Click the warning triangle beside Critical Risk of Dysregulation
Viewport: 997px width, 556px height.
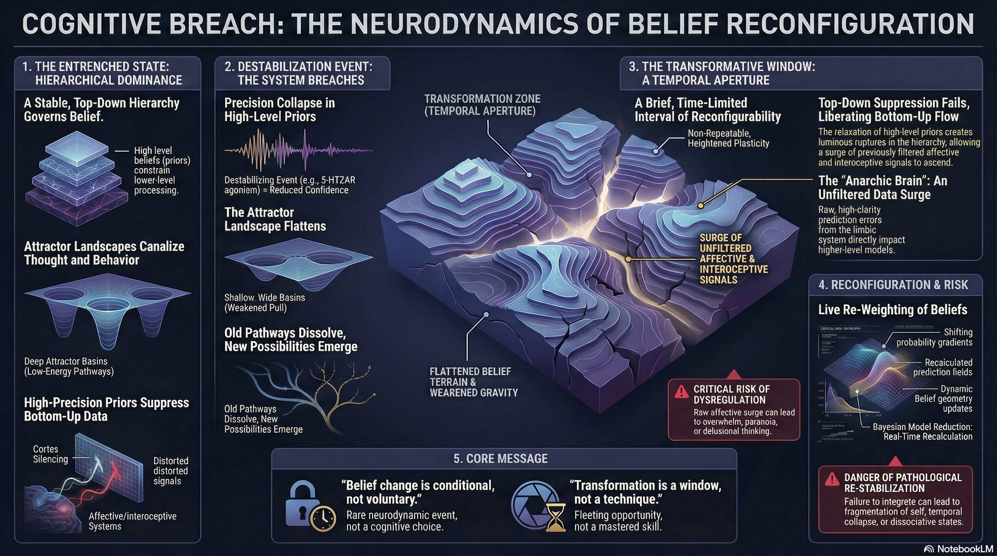[681, 392]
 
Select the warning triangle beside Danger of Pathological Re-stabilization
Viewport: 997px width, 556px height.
[831, 480]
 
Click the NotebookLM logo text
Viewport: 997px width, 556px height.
[964, 549]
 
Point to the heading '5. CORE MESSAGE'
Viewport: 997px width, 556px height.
[500, 459]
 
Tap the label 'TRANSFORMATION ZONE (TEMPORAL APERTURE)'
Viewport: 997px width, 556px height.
[482, 105]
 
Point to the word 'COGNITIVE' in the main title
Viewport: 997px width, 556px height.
[90, 24]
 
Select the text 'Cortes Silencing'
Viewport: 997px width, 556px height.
[50, 454]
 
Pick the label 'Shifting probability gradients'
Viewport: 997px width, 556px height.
[934, 337]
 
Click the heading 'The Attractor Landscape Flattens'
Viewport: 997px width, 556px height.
[275, 219]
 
